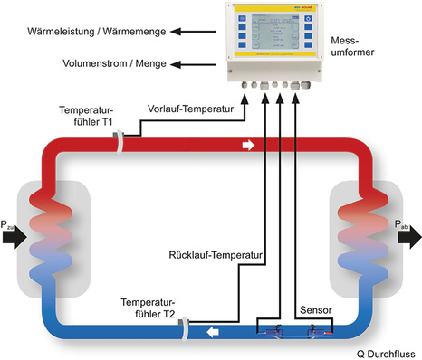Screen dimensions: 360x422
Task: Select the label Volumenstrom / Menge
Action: (82, 64)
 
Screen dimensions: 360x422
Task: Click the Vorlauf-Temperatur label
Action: (191, 108)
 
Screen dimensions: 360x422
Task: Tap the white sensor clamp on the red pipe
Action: (119, 141)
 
